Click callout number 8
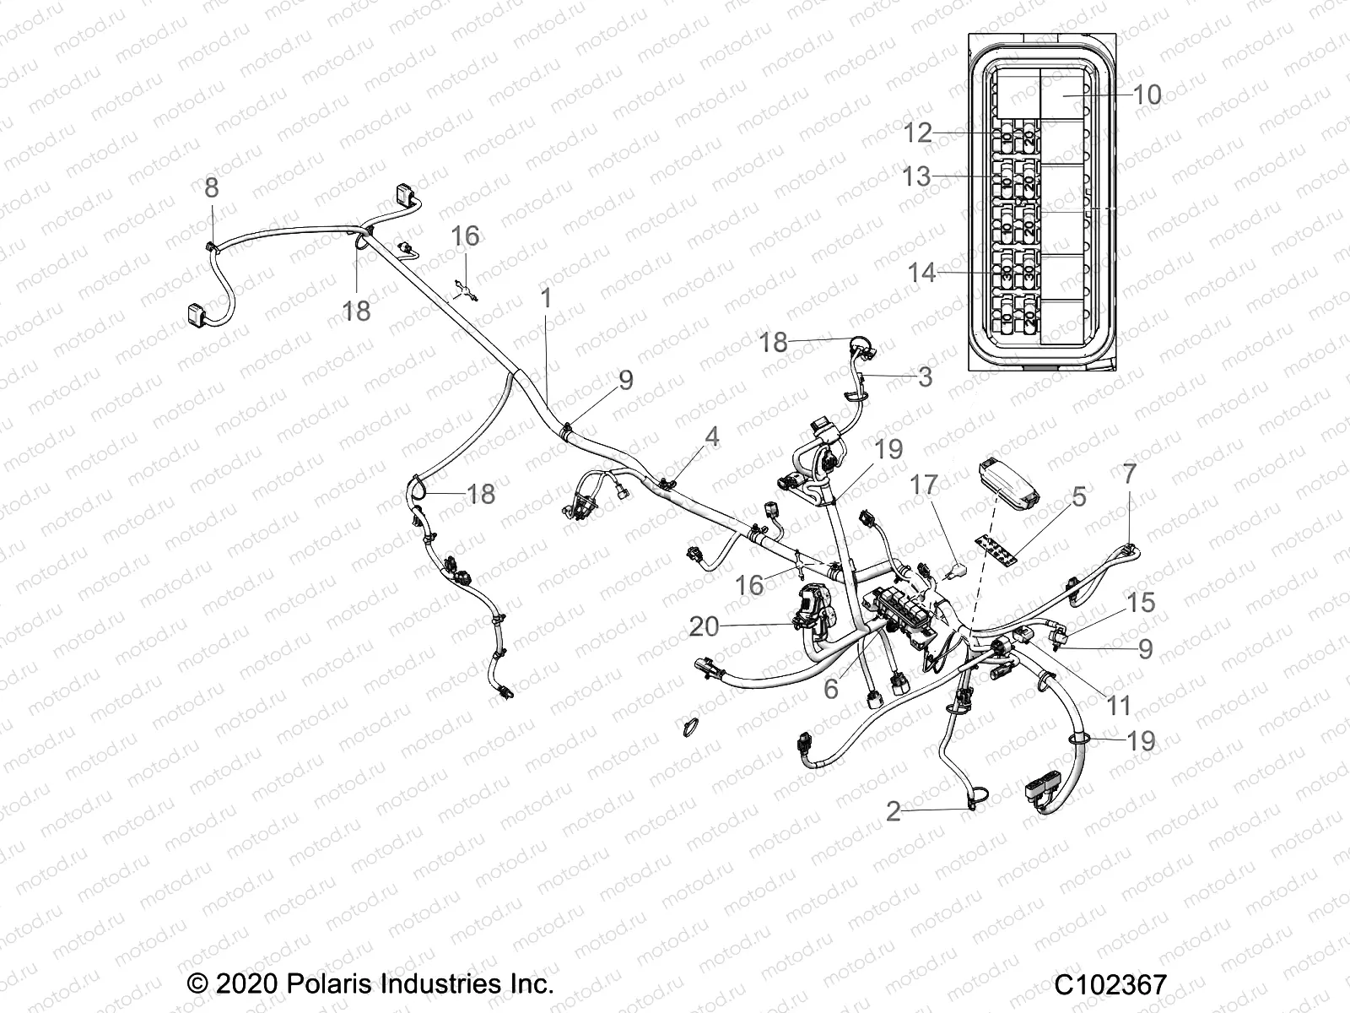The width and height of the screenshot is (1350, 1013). click(x=211, y=187)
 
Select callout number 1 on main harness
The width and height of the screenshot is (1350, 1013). click(x=546, y=298)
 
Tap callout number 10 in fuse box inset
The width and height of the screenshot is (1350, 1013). click(x=1147, y=95)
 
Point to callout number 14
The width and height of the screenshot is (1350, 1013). click(x=922, y=274)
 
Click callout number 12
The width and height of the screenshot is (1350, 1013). click(x=917, y=133)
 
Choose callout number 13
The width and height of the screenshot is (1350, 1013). click(x=915, y=177)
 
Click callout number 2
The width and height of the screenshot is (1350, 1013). click(x=894, y=812)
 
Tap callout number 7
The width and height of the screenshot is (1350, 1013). click(x=1129, y=474)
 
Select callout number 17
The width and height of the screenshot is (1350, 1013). click(x=924, y=485)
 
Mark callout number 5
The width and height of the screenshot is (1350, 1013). click(x=1079, y=497)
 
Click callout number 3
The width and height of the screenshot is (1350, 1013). click(x=925, y=376)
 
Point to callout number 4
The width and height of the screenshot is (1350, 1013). click(x=712, y=436)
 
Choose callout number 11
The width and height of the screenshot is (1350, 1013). click(x=1119, y=705)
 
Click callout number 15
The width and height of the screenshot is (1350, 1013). click(x=1141, y=603)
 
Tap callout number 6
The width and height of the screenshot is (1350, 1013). click(x=831, y=689)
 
